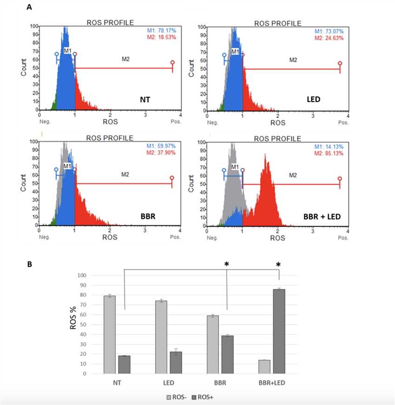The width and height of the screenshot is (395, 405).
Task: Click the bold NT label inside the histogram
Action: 145,99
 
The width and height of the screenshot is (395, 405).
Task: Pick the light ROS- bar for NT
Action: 110,334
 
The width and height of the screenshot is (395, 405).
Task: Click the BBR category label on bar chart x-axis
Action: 220,384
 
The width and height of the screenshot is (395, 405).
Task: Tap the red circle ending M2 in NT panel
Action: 172,62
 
